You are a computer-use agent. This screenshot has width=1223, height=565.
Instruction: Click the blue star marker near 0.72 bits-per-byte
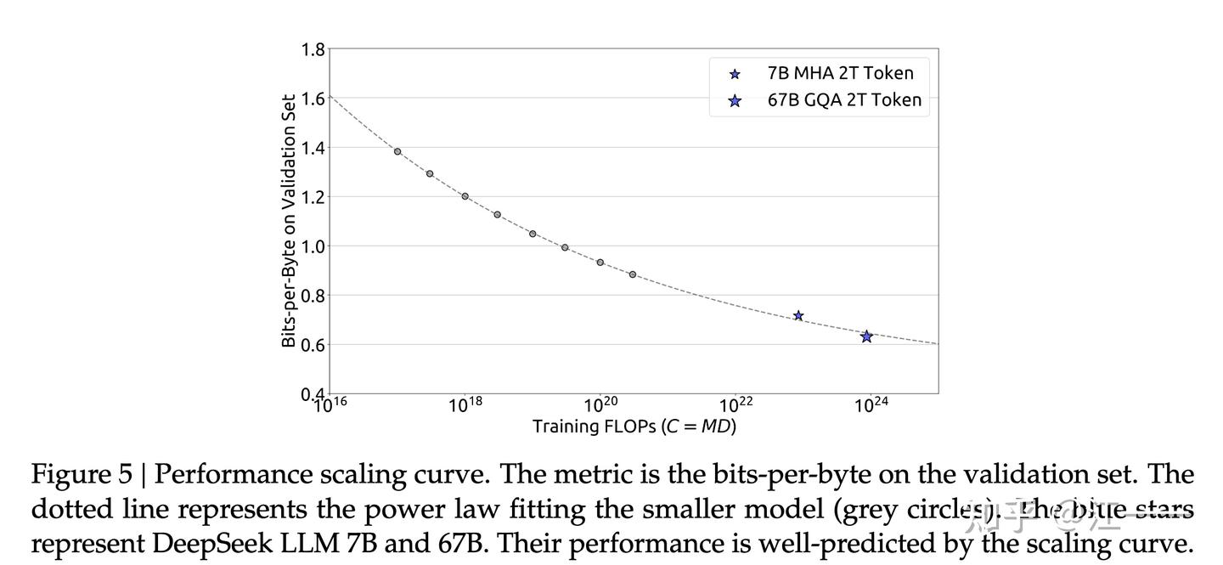coord(798,315)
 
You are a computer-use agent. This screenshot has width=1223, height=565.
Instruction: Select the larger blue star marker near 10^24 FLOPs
coord(866,336)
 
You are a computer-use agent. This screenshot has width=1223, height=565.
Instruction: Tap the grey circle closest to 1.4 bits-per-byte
coord(397,151)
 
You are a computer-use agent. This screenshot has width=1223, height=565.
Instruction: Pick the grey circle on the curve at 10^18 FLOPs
coord(465,196)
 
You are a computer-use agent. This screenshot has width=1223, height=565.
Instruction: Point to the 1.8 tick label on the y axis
coord(313,49)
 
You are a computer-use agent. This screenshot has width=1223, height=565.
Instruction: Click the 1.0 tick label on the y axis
coord(313,246)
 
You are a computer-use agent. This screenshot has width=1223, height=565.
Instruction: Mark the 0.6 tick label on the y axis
coord(313,345)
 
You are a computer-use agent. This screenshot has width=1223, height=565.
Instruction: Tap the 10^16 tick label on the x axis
coord(330,404)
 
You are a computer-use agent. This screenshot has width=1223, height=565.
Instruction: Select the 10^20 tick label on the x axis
coord(600,404)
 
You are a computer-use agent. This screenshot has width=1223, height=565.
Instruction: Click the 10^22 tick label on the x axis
coord(735,404)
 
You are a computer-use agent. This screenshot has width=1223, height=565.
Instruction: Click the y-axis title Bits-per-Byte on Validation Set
coord(290,221)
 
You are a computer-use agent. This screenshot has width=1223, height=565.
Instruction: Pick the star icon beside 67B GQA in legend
coord(735,101)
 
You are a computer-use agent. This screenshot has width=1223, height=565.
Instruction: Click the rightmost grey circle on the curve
coord(633,274)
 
